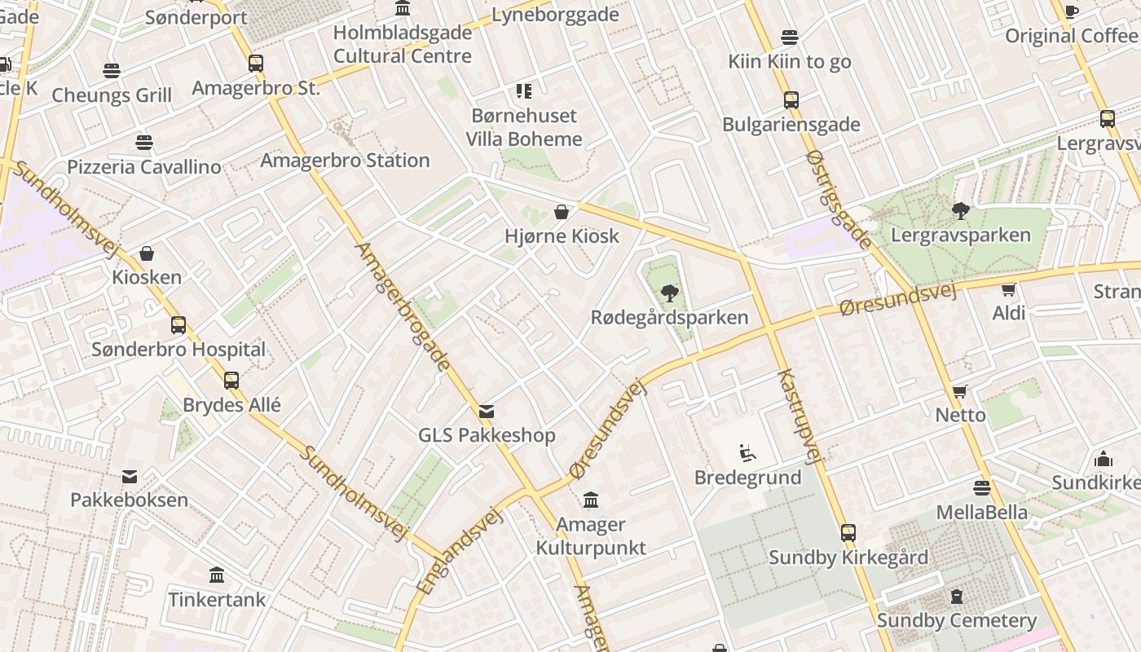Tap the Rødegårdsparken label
click(x=669, y=318)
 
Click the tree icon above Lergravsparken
click(x=961, y=211)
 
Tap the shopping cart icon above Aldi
click(x=1008, y=289)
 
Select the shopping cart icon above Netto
click(x=960, y=391)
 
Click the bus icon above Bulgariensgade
click(x=791, y=100)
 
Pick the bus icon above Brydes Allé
click(x=231, y=380)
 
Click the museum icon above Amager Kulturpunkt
click(x=591, y=500)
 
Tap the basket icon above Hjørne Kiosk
click(x=562, y=213)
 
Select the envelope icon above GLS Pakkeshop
click(x=487, y=412)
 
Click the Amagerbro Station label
click(x=345, y=161)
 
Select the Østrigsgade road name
click(x=839, y=200)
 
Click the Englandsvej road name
click(x=458, y=550)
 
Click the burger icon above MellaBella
click(x=981, y=488)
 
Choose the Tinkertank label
click(x=217, y=600)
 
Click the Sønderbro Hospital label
click(x=178, y=350)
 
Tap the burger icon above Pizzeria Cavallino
click(x=144, y=143)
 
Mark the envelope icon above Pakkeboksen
click(x=130, y=476)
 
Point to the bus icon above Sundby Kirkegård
click(x=848, y=533)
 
